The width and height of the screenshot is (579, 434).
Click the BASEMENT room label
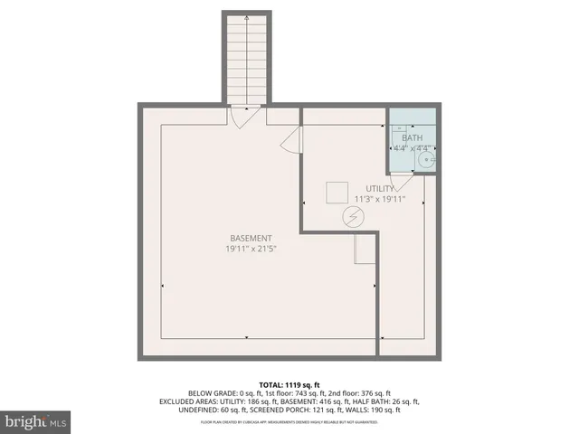point(251,238)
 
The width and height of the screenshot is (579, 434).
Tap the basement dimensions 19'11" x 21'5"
point(251,249)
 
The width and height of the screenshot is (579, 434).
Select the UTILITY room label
point(380,188)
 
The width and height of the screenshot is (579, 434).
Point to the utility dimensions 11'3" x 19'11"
point(380,199)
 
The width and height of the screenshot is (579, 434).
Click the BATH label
point(412,137)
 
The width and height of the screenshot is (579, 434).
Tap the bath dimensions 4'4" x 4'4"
point(412,147)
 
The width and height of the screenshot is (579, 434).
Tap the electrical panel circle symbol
point(353,217)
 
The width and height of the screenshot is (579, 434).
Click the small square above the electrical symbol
point(337,193)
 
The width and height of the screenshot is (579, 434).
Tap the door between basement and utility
point(291,141)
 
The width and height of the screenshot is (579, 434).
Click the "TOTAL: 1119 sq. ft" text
point(289,384)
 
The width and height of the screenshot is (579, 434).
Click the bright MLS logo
point(37,421)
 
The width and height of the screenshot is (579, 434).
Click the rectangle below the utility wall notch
point(365,248)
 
